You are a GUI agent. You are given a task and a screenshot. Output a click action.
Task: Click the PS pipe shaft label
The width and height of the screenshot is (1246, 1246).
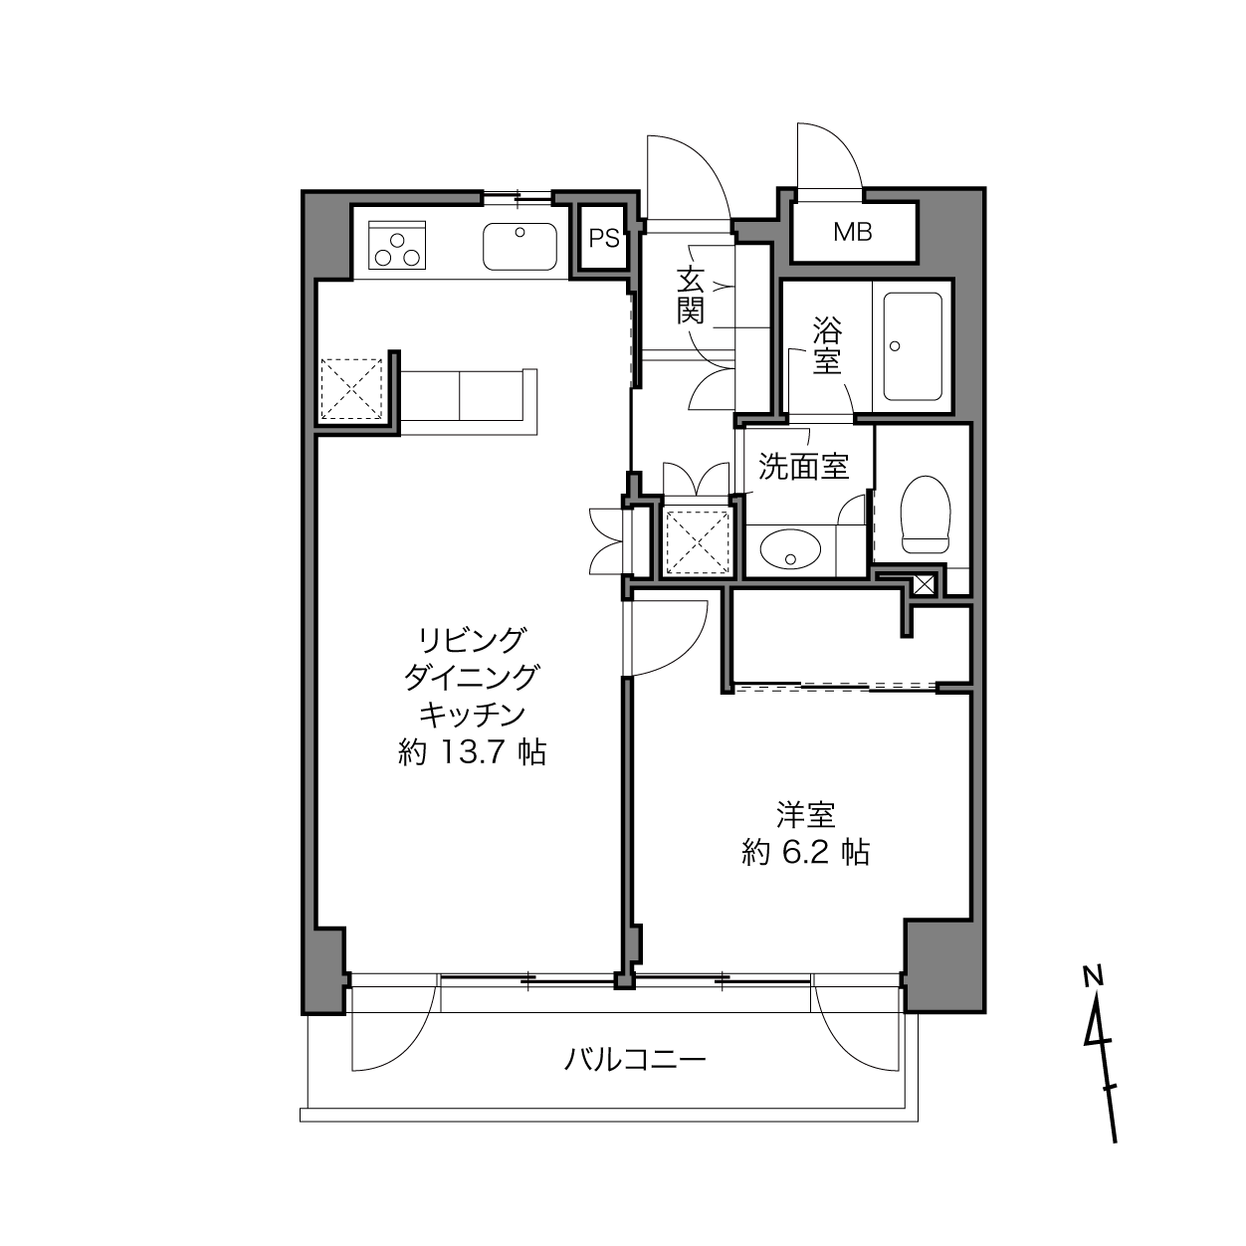coord(604,239)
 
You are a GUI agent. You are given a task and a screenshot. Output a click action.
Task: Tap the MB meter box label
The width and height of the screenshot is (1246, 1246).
coord(852,232)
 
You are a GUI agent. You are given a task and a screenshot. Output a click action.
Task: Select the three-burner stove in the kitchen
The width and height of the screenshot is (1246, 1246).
coord(397,245)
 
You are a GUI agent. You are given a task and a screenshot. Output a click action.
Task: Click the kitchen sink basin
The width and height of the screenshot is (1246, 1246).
coord(519,247)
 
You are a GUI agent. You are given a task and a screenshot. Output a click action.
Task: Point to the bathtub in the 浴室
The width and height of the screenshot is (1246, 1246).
coord(913,346)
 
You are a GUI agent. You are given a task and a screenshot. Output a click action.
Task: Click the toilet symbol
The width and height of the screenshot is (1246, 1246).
coord(926,515)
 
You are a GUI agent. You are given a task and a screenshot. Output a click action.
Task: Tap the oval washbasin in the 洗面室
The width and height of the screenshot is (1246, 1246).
coord(790,549)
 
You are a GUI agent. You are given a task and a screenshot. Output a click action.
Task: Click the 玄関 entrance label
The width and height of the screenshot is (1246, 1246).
coord(690,296)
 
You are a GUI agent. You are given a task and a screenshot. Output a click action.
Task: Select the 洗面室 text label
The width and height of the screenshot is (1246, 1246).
coord(803,466)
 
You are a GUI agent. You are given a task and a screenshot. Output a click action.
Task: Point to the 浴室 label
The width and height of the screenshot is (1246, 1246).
coord(827,346)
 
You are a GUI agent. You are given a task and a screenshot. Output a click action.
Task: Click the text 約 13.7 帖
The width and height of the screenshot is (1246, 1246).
coord(472,752)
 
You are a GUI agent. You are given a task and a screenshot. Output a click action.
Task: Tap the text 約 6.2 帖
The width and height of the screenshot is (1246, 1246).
coord(805,853)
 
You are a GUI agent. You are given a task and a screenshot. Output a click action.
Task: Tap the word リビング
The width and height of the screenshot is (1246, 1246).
coord(472,641)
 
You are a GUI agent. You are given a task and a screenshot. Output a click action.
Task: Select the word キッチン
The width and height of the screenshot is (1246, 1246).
coord(472,716)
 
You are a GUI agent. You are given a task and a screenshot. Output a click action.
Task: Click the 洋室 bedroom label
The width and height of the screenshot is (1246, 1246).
coord(806,815)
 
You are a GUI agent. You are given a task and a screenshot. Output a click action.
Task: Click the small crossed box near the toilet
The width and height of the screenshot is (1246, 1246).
coord(924,584)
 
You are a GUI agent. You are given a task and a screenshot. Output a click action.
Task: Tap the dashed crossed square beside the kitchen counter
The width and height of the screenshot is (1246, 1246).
coord(351,389)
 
